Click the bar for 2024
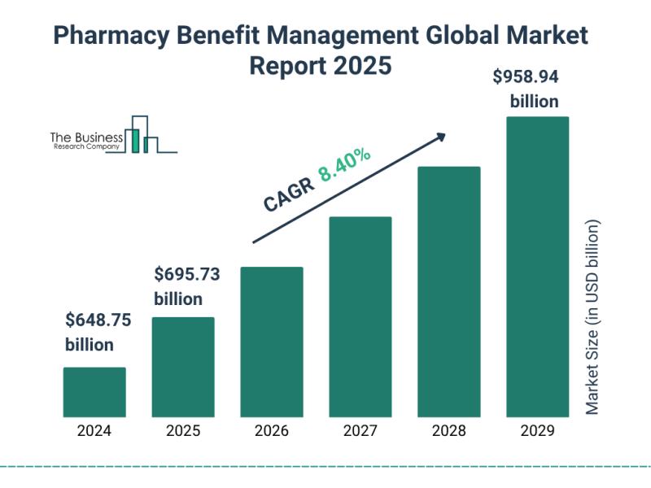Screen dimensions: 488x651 click(x=94, y=392)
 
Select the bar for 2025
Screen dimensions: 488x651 click(x=183, y=367)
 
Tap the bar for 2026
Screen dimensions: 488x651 click(x=272, y=342)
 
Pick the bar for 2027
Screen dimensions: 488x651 click(x=360, y=316)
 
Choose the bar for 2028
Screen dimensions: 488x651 click(x=449, y=291)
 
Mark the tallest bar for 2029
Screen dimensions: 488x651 click(x=538, y=266)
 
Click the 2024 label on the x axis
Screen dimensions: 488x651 click(x=94, y=431)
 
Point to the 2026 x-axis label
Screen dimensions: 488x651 click(x=272, y=431)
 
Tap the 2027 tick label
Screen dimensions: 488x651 click(x=360, y=431)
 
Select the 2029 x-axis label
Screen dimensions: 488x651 click(x=538, y=431)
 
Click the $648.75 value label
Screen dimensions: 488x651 click(x=98, y=320)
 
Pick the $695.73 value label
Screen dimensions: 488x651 click(x=187, y=275)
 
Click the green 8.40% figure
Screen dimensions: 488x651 click(x=345, y=165)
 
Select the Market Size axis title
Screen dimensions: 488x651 click(x=592, y=317)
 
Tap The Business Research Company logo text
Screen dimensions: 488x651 click(x=86, y=141)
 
